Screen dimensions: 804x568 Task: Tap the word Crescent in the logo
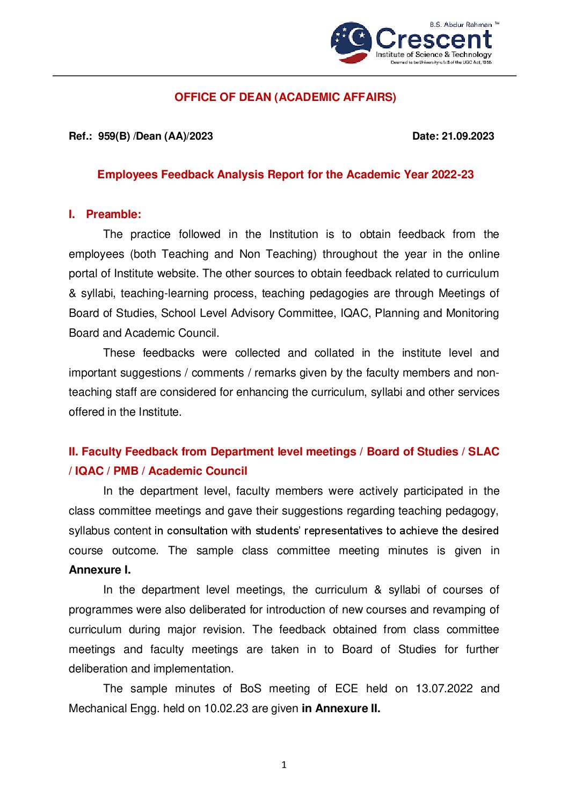pyautogui.click(x=433, y=39)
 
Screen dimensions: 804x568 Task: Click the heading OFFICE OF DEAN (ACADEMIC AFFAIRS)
pyautogui.click(x=285, y=97)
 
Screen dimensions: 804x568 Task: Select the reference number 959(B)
pyautogui.click(x=114, y=136)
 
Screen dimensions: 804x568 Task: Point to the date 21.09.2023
pyautogui.click(x=468, y=136)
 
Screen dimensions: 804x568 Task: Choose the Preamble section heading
pyautogui.click(x=113, y=214)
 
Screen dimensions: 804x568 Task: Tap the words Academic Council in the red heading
pyautogui.click(x=198, y=471)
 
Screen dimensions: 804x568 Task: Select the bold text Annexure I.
pyautogui.click(x=100, y=570)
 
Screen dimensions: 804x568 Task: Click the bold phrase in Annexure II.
pyautogui.click(x=341, y=708)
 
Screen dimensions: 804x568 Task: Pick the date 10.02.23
pyautogui.click(x=226, y=708)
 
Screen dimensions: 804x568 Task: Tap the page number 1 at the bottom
pyautogui.click(x=284, y=765)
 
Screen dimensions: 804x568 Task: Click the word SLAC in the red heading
pyautogui.click(x=483, y=452)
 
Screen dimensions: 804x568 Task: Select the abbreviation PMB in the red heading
pyautogui.click(x=126, y=471)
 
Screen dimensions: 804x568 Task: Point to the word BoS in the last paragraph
pyautogui.click(x=250, y=689)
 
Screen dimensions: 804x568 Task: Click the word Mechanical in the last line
pyautogui.click(x=96, y=708)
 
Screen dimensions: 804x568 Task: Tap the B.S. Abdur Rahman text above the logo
pyautogui.click(x=461, y=25)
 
